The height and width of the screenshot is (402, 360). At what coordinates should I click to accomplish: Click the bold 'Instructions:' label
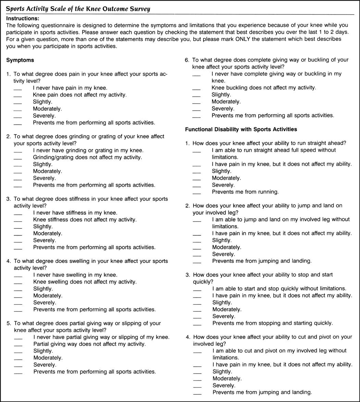[x=23, y=18]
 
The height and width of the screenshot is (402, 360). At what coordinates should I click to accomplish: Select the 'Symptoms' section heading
[x=20, y=60]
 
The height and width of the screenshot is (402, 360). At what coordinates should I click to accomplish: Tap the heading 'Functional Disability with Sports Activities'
[x=241, y=129]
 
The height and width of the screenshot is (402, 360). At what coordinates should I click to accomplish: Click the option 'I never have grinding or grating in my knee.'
[x=88, y=150]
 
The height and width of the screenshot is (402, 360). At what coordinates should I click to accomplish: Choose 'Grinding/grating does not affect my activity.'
[x=87, y=157]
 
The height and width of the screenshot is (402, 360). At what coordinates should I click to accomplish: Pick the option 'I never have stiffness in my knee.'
[x=75, y=213]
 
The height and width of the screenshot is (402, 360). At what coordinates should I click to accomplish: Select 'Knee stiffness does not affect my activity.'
[x=85, y=219]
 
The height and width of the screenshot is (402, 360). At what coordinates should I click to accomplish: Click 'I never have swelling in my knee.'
[x=75, y=275]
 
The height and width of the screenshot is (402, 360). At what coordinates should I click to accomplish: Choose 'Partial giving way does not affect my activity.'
[x=89, y=344]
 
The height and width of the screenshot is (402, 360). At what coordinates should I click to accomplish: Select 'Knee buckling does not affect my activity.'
[x=264, y=88]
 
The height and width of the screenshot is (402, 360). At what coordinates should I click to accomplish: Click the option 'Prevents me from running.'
[x=245, y=192]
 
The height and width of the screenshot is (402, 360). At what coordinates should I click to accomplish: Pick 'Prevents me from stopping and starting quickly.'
[x=272, y=323]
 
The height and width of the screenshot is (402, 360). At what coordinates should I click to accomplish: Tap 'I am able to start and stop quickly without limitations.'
[x=279, y=288]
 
